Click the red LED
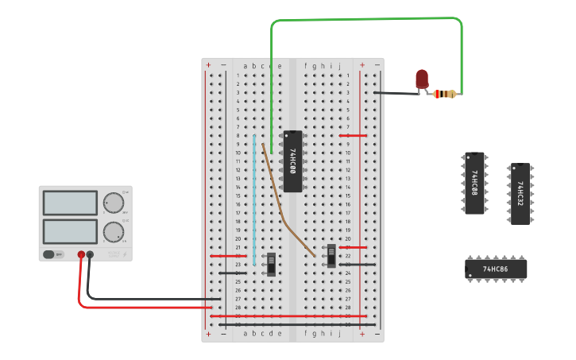pos(422,78)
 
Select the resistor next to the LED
pos(445,94)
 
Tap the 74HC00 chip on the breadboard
pos(292,161)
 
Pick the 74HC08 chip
pos(474,184)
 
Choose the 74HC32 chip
pos(520,194)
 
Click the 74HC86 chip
pos(496,269)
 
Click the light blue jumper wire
pos(254,199)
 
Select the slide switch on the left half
pos(271,264)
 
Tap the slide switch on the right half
pos(331,255)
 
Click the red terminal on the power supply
pos(81,255)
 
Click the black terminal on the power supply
pos(90,255)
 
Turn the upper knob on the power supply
pos(114,203)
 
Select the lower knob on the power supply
pos(114,232)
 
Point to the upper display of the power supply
pos(71,203)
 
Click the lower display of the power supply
pos(71,231)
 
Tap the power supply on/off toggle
pos(53,254)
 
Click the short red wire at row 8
pos(353,135)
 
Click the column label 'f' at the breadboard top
pos(305,66)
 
